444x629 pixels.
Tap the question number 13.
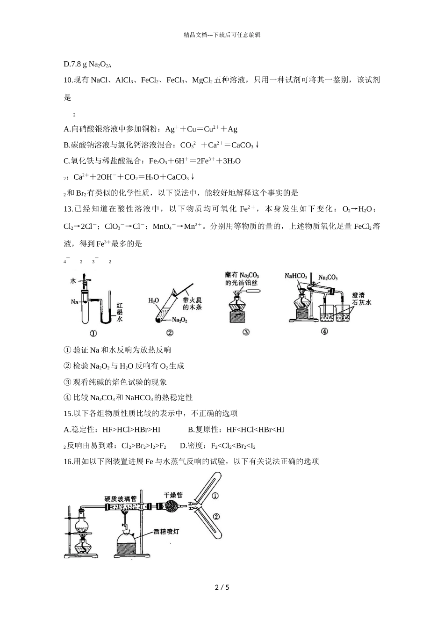(68, 209)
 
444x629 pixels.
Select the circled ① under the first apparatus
(93, 334)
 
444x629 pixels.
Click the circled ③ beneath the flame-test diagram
(246, 332)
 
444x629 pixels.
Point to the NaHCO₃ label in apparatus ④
(296, 276)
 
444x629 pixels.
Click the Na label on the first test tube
(74, 302)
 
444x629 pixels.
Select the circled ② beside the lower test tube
(216, 516)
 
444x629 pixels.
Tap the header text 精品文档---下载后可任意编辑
(222, 35)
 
